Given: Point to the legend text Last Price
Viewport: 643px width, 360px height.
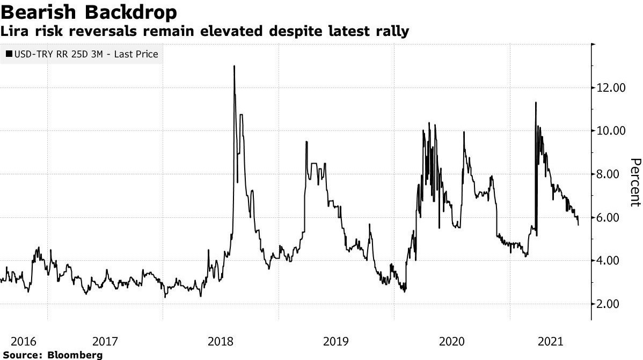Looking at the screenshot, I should [137, 54].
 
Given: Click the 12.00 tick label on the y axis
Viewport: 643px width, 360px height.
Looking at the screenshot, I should [611, 87].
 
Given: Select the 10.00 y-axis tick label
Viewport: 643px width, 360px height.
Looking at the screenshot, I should [611, 131].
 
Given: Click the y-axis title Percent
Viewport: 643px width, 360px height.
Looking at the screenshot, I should [635, 182].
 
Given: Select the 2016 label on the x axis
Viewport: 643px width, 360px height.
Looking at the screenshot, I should [23, 341].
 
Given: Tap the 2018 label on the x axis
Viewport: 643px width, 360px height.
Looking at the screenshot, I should [221, 341].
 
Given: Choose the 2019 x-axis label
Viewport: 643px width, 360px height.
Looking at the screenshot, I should [336, 341].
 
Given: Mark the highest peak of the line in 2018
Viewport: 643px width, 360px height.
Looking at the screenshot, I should [234, 66].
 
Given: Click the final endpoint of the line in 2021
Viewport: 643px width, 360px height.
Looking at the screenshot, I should [578, 225].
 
